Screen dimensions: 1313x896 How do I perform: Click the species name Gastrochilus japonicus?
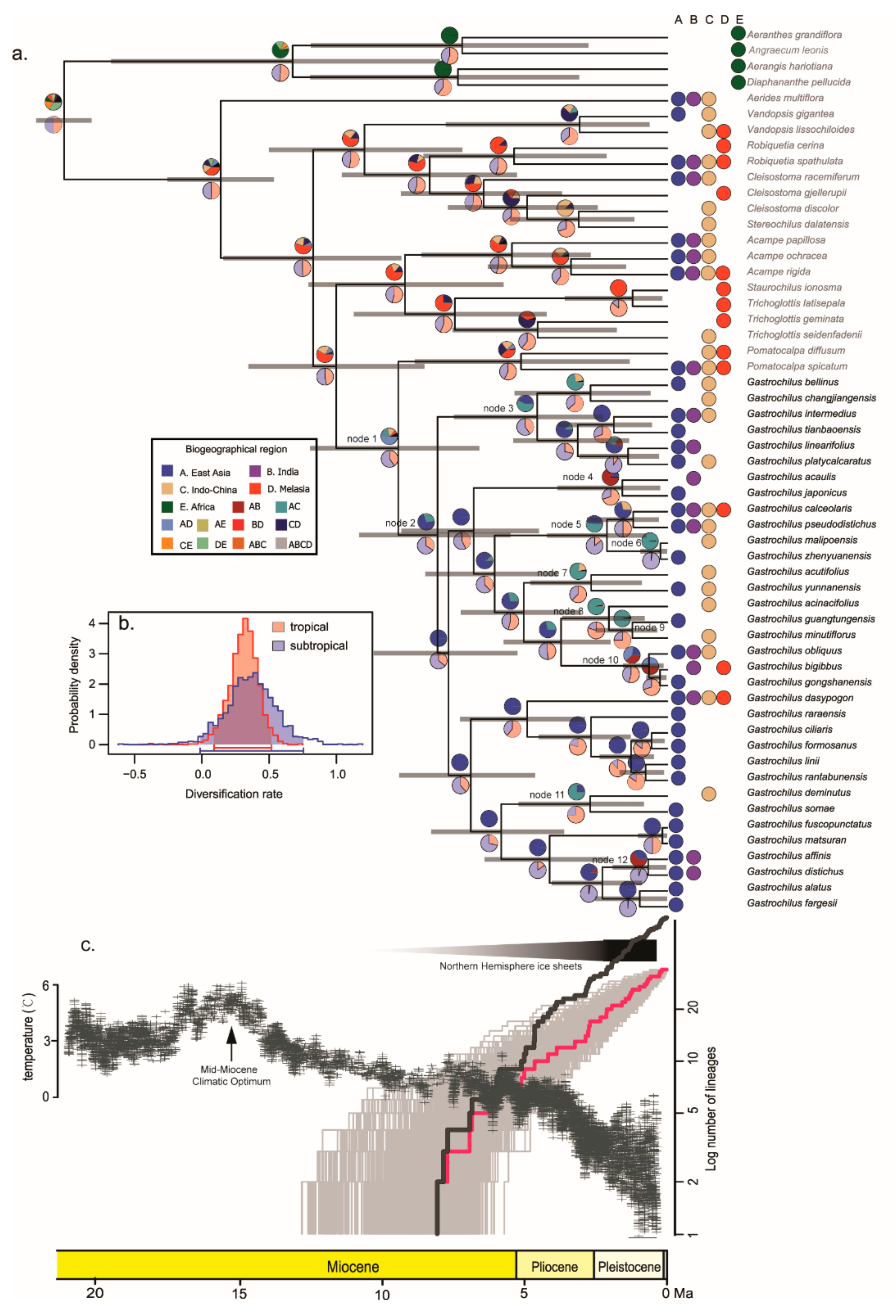click(x=796, y=493)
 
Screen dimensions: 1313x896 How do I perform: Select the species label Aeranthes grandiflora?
click(x=794, y=35)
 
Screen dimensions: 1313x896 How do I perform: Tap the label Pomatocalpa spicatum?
click(x=796, y=366)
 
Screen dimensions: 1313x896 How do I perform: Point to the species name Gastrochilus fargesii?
click(x=791, y=903)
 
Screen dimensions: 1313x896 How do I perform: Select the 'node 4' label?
click(x=577, y=477)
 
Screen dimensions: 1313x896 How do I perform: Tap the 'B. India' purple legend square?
click(x=255, y=471)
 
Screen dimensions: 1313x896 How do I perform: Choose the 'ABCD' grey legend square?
click(x=281, y=543)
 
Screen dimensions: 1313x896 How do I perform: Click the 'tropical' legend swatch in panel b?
click(x=278, y=627)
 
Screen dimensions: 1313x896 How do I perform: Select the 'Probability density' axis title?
click(x=74, y=685)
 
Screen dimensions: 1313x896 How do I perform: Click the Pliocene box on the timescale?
click(x=554, y=1267)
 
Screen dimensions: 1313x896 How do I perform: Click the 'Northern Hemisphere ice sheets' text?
click(x=510, y=966)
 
